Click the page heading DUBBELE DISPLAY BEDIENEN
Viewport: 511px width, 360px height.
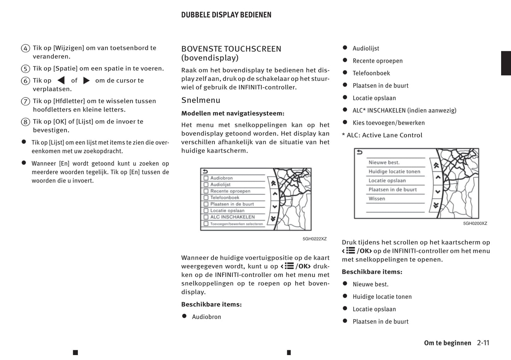pyautogui.click(x=226, y=15)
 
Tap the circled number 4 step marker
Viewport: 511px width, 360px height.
pyautogui.click(x=25, y=48)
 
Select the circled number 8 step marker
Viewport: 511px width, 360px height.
pyautogui.click(x=25, y=122)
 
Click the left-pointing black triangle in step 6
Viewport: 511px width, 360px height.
pyautogui.click(x=61, y=81)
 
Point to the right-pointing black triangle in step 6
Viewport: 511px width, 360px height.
pyautogui.click(x=86, y=81)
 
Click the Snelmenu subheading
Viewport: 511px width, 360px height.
pyautogui.click(x=201, y=100)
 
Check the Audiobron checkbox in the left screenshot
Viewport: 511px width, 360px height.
pyautogui.click(x=206, y=178)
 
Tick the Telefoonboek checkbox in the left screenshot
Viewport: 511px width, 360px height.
pyautogui.click(x=206, y=197)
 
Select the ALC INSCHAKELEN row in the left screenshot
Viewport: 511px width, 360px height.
pyautogui.click(x=232, y=217)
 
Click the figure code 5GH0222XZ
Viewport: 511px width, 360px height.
pyautogui.click(x=314, y=239)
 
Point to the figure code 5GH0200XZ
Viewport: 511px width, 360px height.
pyautogui.click(x=475, y=223)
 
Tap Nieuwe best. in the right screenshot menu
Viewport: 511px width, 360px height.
pyautogui.click(x=384, y=163)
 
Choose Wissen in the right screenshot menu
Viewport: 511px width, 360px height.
pyautogui.click(x=377, y=199)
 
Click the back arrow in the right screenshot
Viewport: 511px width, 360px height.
pyautogui.click(x=360, y=152)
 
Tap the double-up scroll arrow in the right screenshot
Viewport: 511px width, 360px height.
pyautogui.click(x=436, y=165)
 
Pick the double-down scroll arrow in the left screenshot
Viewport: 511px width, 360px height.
pyautogui.click(x=273, y=219)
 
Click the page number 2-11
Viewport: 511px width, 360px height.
pyautogui.click(x=483, y=343)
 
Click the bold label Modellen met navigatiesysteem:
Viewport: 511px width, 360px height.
pyautogui.click(x=233, y=113)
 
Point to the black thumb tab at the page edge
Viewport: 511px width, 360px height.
pyautogui.click(x=506, y=63)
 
